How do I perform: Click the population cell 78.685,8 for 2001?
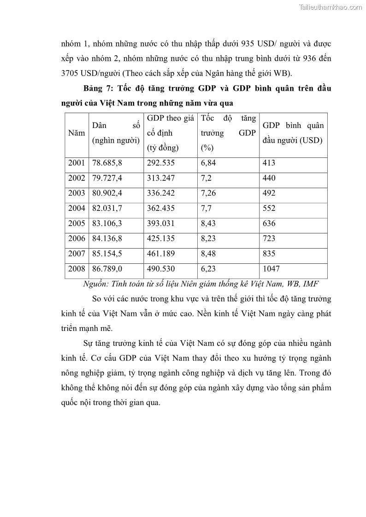[107, 163]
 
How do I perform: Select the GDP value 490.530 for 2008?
[161, 269]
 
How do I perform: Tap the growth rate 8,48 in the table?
[209, 254]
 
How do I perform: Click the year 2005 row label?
[77, 223]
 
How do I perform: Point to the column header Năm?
[77, 133]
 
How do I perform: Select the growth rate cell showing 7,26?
[209, 193]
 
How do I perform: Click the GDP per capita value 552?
[269, 208]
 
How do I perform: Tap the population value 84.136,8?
[107, 238]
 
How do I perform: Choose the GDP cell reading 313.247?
[161, 178]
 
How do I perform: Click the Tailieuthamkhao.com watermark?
[331, 7]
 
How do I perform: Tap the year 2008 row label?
[77, 269]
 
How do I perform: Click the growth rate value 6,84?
[209, 163]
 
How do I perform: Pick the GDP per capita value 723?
[269, 238]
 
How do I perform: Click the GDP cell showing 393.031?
[161, 223]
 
